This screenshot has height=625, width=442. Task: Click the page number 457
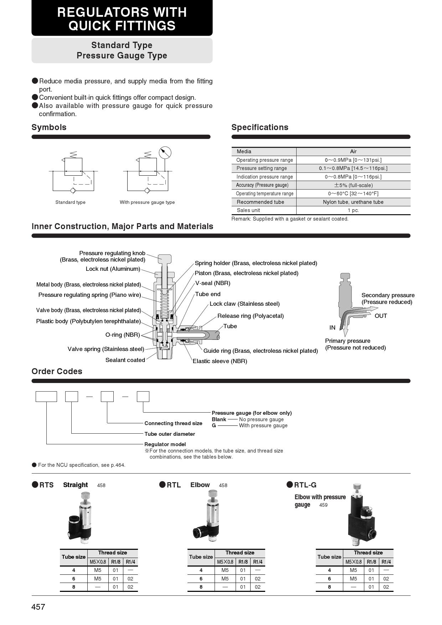[x=38, y=607]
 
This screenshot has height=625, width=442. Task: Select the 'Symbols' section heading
[x=49, y=127]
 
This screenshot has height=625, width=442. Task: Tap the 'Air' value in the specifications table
[x=353, y=151]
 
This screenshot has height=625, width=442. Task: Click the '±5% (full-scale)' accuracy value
[x=353, y=185]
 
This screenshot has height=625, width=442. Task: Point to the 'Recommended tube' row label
[x=260, y=202]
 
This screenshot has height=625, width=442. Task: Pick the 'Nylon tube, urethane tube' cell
[x=353, y=202]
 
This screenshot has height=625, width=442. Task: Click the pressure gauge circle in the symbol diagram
[x=165, y=153]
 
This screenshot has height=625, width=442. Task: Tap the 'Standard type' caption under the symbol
[x=70, y=202]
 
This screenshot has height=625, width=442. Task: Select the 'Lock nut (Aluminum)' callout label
[x=113, y=269]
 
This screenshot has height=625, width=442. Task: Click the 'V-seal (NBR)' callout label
[x=213, y=283]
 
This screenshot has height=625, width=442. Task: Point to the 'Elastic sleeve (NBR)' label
[x=220, y=361]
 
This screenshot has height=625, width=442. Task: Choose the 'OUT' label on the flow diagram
[x=381, y=316]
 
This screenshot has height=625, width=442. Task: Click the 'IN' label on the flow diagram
[x=332, y=328]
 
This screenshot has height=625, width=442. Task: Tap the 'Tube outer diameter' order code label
[x=170, y=434]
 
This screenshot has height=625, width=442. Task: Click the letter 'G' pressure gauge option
[x=214, y=425]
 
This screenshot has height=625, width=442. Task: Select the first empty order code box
[x=46, y=397]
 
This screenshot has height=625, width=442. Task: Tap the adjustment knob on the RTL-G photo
[x=357, y=487]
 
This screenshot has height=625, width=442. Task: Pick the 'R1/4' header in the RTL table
[x=258, y=562]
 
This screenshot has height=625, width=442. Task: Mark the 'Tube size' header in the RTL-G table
[x=329, y=557]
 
